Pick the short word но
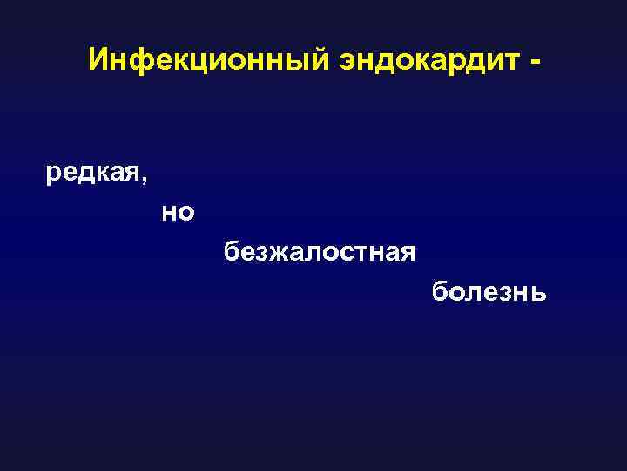[x=178, y=212]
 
